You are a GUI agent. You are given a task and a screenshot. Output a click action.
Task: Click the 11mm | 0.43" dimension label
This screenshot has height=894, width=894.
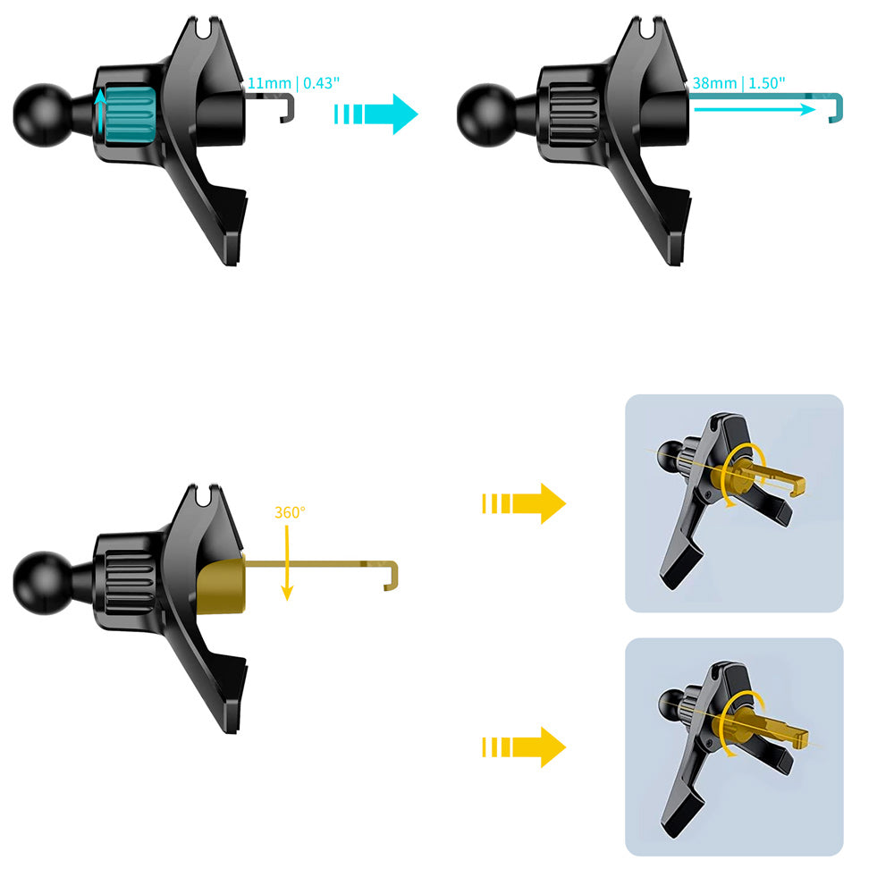pos(293,83)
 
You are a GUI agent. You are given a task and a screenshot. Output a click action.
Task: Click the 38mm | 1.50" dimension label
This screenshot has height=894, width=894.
pos(739,83)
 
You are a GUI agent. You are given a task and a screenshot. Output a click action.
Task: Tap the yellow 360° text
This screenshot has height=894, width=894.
pos(290,512)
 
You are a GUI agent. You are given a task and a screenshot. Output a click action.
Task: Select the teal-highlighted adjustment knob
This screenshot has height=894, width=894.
pos(130,114)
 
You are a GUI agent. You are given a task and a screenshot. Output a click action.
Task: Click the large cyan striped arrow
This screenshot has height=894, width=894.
pos(376,114)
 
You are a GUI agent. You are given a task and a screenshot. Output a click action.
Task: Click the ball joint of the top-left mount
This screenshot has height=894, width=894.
pos(43,115)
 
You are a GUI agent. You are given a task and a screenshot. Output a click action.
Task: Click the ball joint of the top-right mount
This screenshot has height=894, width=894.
pos(487,115)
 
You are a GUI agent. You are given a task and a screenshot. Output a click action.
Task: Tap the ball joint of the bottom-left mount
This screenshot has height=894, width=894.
pos(43,583)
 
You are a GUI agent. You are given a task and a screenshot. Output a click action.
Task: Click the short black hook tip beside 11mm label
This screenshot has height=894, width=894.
pos(288,109)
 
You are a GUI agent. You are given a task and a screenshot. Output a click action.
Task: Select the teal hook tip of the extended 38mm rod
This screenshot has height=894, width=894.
pos(835,108)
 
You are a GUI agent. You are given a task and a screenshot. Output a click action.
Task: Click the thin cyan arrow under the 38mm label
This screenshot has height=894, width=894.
pos(755,109)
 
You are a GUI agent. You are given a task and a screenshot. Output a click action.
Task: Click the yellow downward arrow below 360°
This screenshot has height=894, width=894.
pos(287,562)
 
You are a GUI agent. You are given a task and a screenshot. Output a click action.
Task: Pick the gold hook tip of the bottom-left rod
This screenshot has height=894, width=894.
pos(392,576)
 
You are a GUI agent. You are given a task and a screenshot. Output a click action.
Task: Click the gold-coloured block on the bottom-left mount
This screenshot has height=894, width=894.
pos(221,586)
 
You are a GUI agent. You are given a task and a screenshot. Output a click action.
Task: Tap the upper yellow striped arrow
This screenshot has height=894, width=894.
pos(524,503)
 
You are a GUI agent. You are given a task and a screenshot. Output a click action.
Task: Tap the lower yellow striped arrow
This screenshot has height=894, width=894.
pos(524,746)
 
